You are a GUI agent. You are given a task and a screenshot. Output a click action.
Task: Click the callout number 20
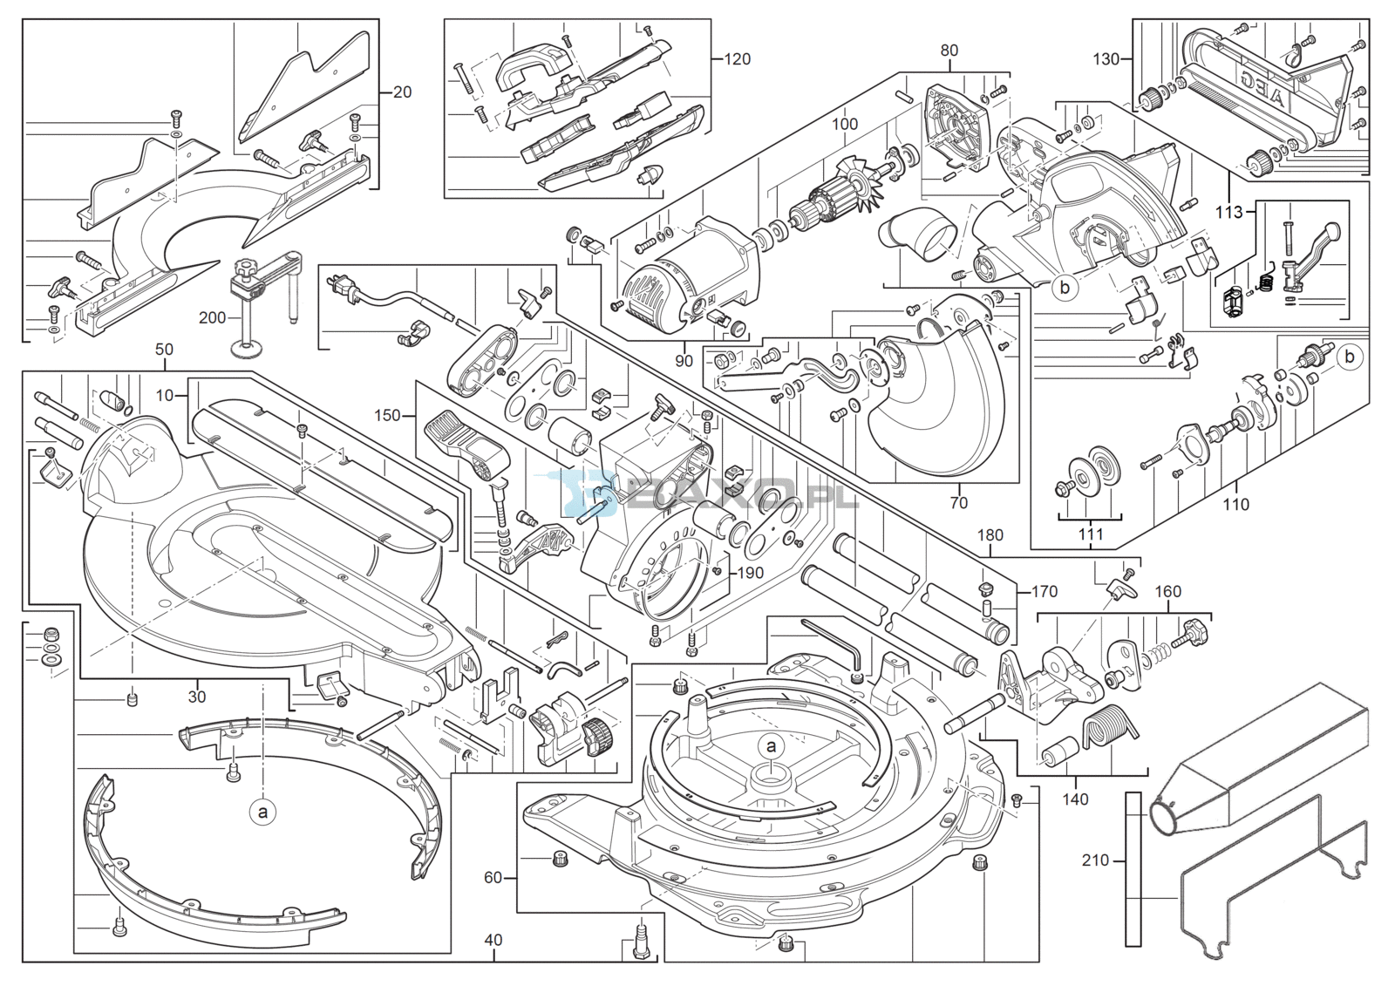(x=402, y=92)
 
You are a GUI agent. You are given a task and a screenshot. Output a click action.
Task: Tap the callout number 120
(x=737, y=59)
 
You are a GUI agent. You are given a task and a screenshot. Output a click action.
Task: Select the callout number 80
(x=949, y=51)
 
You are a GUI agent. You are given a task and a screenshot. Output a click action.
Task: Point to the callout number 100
(x=844, y=125)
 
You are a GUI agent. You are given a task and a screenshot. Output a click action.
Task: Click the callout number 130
(x=1106, y=59)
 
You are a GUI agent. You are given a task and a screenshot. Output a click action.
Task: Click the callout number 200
(x=212, y=318)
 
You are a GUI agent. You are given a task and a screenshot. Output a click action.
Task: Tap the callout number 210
(x=1095, y=860)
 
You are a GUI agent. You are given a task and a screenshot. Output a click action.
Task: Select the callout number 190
(x=750, y=573)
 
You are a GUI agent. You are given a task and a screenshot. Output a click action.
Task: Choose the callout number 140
(x=1075, y=799)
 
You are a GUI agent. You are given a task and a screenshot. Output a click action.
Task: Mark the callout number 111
(x=1091, y=534)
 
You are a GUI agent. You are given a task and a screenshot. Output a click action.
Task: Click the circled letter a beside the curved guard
(x=262, y=813)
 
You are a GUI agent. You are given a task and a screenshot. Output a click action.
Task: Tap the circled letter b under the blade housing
(x=1065, y=287)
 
